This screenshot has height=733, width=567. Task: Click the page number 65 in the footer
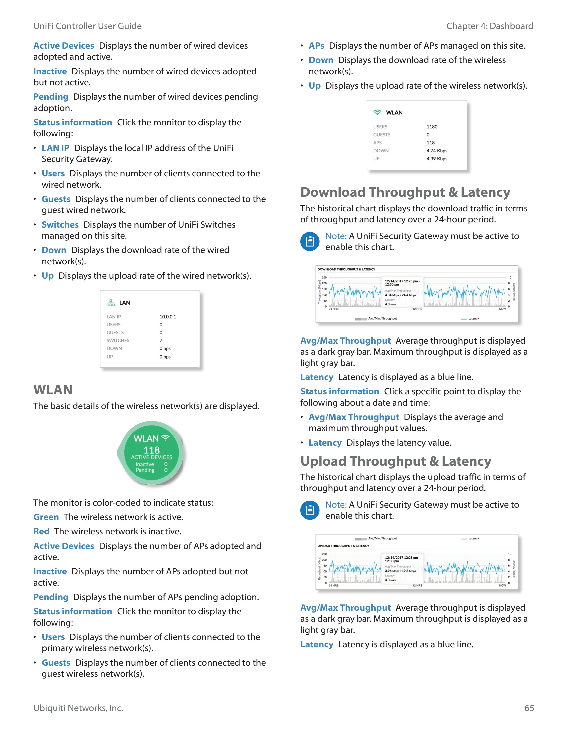pos(529,708)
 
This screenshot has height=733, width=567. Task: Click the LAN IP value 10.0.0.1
pos(168,317)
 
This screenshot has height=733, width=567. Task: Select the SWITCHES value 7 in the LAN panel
pos(161,340)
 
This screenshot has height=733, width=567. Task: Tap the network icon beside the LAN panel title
pos(110,303)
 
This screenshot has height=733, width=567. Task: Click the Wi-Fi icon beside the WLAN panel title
pos(377,112)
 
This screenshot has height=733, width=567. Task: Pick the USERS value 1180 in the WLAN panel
pos(432,127)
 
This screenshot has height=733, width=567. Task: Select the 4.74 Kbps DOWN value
pos(436,151)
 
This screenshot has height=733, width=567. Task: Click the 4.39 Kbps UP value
pos(436,159)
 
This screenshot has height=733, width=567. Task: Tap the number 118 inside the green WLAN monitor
pos(151,450)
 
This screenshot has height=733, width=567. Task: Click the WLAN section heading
pos(53,390)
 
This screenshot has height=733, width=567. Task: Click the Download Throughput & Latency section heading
pos(405,192)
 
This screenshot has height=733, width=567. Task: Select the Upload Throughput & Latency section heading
pos(395,461)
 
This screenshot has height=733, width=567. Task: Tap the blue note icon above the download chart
pos(310,241)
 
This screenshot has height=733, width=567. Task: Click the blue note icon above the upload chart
pos(310,510)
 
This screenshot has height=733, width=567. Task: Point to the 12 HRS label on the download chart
pos(417,309)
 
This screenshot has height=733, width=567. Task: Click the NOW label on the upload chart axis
pos(502,586)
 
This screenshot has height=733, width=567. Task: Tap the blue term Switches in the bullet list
pos(60,225)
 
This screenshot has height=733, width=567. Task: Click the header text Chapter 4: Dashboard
pos(489,26)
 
